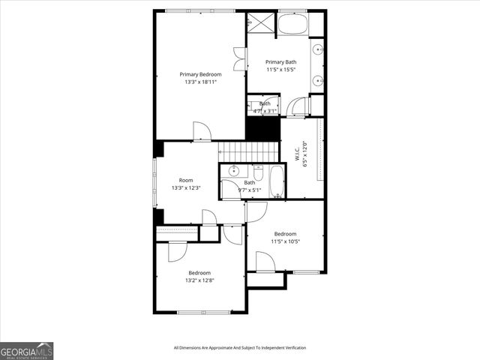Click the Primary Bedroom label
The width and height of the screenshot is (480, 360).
pyautogui.click(x=200, y=74)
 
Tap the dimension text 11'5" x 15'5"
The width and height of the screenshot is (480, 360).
pyautogui.click(x=281, y=70)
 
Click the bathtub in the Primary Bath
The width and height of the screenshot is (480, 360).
pyautogui.click(x=292, y=24)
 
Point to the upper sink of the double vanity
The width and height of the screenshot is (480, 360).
pyautogui.click(x=318, y=51)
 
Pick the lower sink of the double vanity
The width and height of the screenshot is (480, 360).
pyautogui.click(x=318, y=79)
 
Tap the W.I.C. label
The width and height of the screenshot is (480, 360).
pyautogui.click(x=298, y=153)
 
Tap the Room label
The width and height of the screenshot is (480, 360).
pyautogui.click(x=186, y=180)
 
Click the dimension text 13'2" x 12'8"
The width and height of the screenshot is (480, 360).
pyautogui.click(x=199, y=280)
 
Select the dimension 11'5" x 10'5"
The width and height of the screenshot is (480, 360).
pyautogui.click(x=285, y=241)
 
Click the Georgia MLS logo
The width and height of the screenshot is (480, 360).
pyautogui.click(x=27, y=350)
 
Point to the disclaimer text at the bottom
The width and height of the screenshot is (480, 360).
pyautogui.click(x=239, y=347)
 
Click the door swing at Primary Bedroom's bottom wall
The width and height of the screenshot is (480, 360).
pyautogui.click(x=201, y=131)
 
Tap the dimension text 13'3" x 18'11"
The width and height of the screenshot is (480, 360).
pyautogui.click(x=200, y=82)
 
